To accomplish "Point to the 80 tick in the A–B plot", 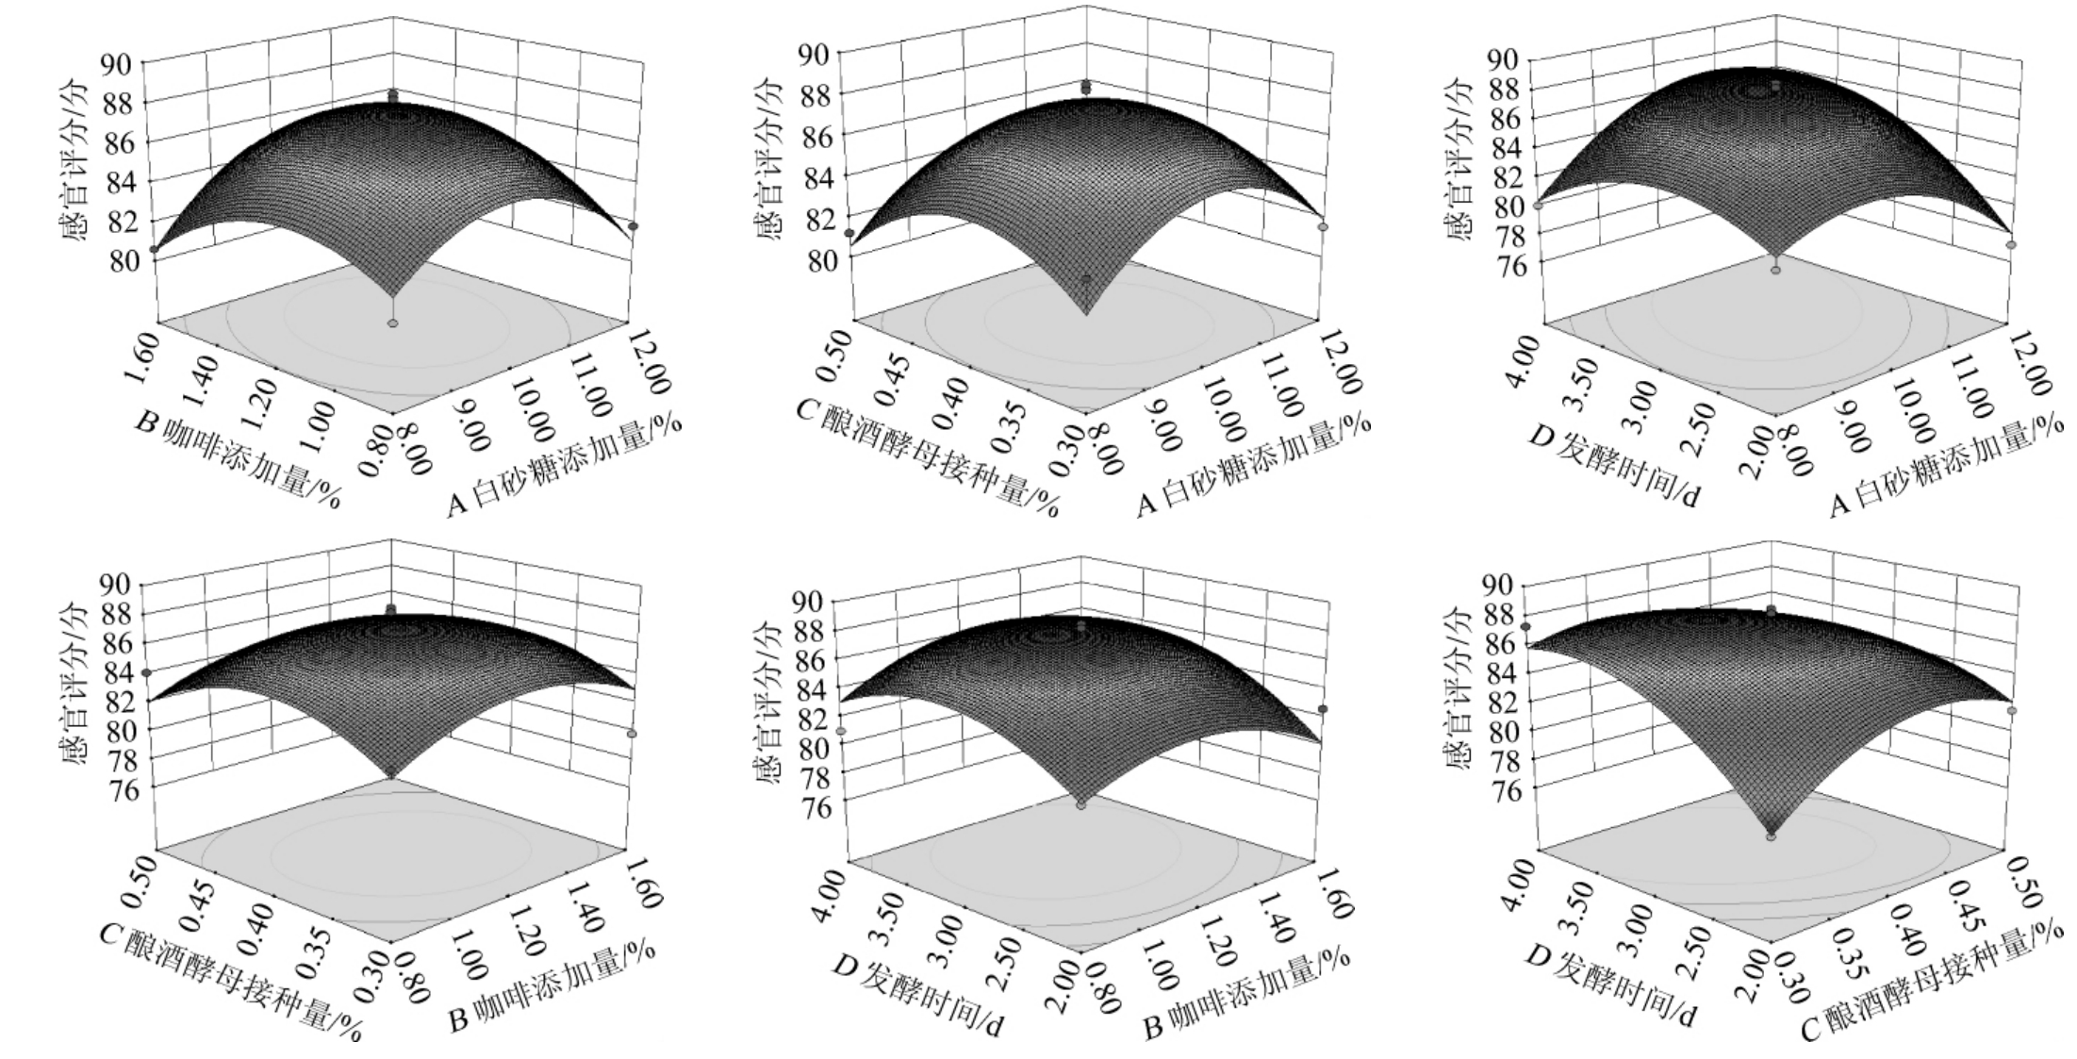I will (x=124, y=261).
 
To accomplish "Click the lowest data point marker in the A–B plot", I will (x=393, y=323).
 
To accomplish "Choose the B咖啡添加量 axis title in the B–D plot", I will (x=1249, y=994).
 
